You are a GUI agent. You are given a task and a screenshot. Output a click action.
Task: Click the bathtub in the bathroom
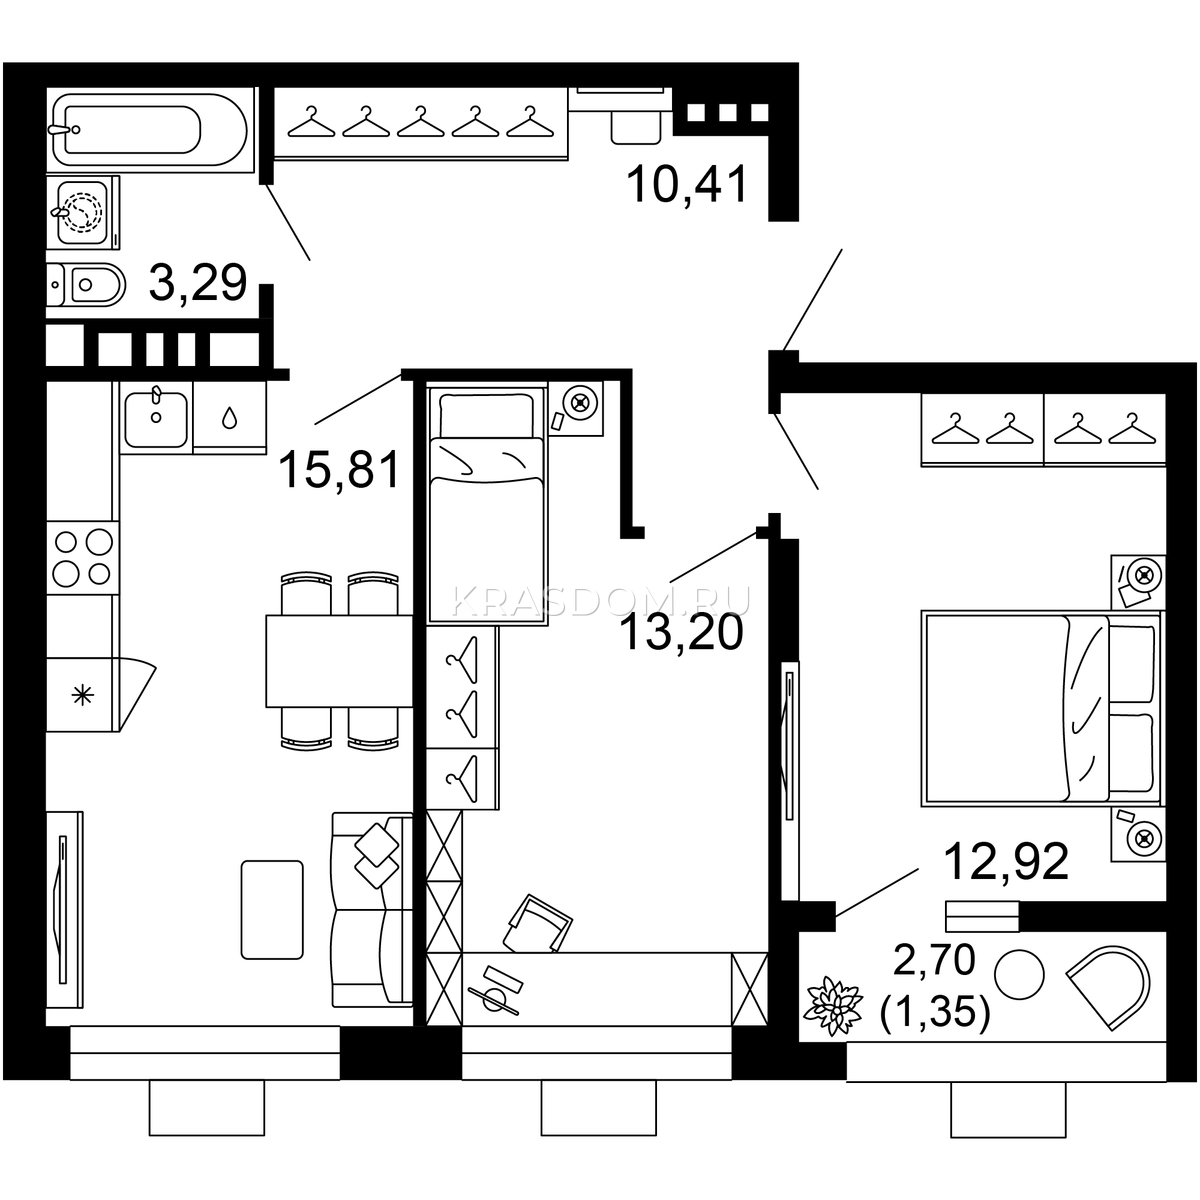(150, 130)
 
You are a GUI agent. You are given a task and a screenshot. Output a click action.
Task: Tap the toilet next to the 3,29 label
(86, 285)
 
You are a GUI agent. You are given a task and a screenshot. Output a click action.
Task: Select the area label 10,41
(687, 184)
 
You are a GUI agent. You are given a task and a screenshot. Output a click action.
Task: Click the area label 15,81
(340, 470)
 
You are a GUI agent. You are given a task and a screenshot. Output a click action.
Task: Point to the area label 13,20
(682, 633)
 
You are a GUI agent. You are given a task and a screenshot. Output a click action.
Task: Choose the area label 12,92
(1006, 862)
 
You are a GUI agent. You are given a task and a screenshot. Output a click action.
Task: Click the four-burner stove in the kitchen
(82, 558)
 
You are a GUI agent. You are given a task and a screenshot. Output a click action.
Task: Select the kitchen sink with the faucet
(156, 417)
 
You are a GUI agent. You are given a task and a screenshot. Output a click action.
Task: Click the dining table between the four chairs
(339, 661)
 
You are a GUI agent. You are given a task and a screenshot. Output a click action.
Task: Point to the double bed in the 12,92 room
(1042, 708)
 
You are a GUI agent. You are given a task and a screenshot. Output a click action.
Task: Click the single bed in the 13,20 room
(488, 505)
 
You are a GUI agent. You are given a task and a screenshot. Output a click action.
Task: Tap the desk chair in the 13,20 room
(538, 925)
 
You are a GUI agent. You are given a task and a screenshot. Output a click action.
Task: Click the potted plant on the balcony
(832, 1006)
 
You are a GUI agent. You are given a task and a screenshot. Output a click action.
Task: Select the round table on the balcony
(1018, 975)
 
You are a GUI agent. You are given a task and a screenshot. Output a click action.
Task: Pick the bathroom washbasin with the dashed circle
(82, 212)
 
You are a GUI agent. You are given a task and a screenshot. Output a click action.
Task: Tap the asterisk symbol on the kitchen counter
(82, 695)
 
